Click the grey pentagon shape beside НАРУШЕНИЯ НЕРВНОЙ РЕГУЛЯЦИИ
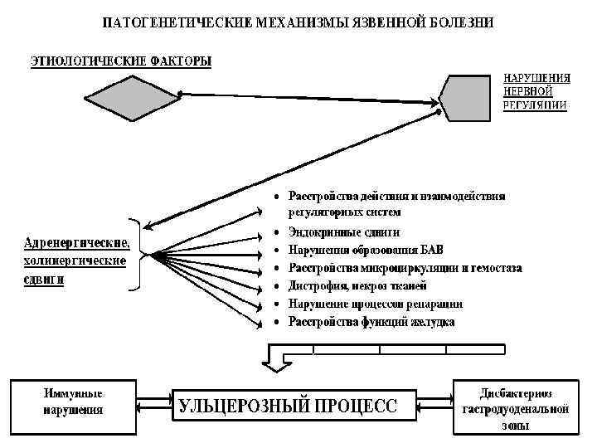pyautogui.click(x=468, y=98)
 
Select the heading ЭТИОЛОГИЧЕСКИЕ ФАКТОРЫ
pyautogui.click(x=121, y=61)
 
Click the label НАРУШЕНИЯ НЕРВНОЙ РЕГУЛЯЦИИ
pyautogui.click(x=536, y=92)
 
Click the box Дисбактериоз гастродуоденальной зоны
pyautogui.click(x=515, y=407)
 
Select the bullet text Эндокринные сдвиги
pyautogui.click(x=343, y=232)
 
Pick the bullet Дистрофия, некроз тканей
pyautogui.click(x=357, y=286)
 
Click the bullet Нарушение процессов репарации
pyautogui.click(x=375, y=304)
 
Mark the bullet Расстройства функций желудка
pyautogui.click(x=371, y=322)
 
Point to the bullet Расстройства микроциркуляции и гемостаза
pyautogui.click(x=405, y=267)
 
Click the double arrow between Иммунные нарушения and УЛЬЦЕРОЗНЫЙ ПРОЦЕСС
pyautogui.click(x=154, y=406)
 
